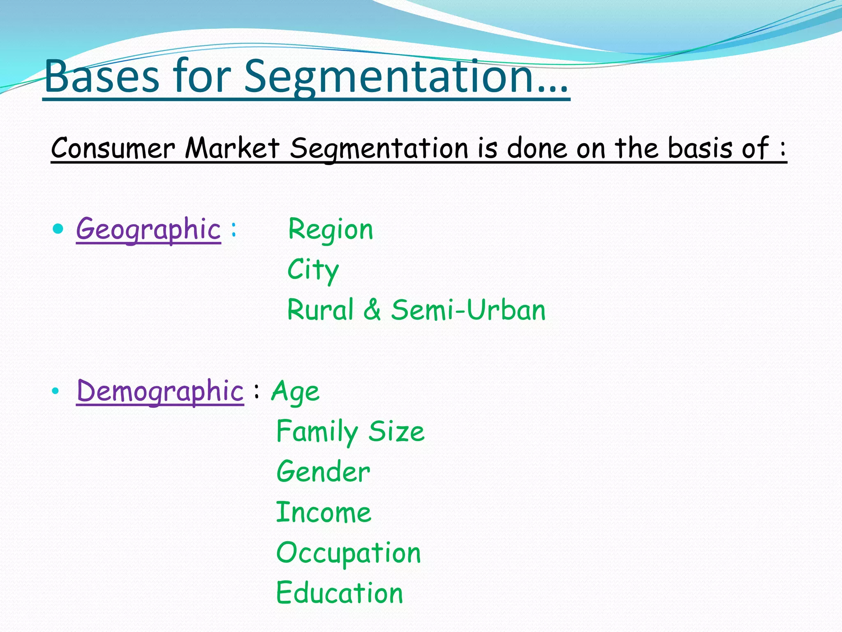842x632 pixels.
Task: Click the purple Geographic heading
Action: (x=148, y=230)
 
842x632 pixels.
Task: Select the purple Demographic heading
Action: (x=160, y=391)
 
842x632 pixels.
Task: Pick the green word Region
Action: (x=331, y=230)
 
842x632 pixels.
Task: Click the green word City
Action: (x=313, y=270)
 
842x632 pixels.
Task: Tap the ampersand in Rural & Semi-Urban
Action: (x=372, y=310)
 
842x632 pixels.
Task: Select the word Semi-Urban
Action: (x=468, y=310)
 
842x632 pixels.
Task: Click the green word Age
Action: (x=295, y=391)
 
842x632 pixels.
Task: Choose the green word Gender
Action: (x=323, y=472)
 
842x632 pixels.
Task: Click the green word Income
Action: (x=324, y=513)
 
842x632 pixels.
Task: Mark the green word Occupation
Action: (x=349, y=553)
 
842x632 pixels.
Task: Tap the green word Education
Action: (x=340, y=593)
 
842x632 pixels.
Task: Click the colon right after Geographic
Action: (x=234, y=230)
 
